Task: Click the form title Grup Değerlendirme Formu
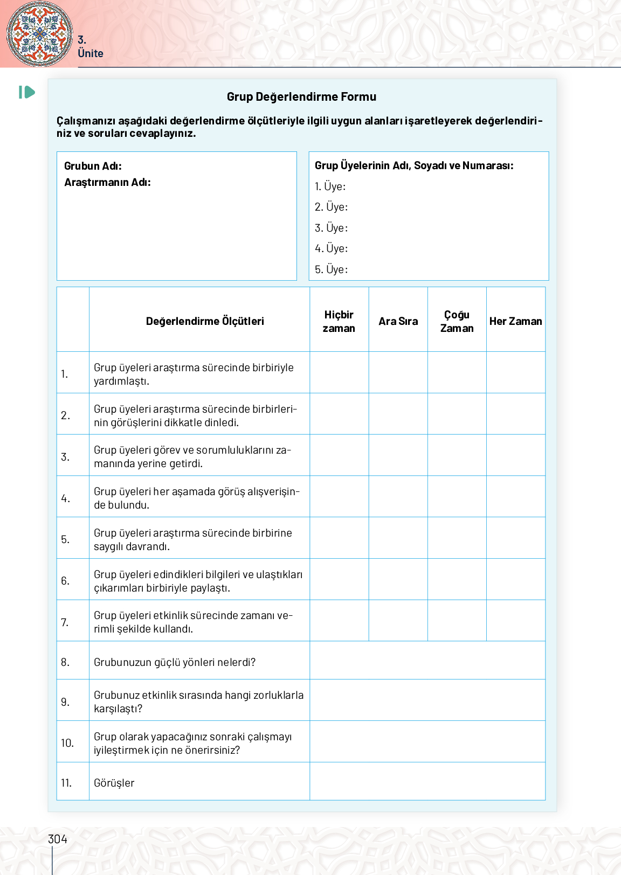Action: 301,97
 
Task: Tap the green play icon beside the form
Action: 27,92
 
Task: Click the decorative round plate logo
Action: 39,33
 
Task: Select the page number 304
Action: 58,839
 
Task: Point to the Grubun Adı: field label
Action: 93,166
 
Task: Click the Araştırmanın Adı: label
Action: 107,182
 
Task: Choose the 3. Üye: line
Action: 331,228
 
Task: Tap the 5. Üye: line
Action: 331,269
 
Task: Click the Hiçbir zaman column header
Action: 339,321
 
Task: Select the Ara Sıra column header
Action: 398,321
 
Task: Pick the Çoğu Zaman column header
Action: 457,321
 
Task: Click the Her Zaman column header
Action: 515,321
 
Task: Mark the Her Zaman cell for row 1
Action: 515,373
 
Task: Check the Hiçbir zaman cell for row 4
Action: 339,497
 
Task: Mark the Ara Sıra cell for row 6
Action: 398,579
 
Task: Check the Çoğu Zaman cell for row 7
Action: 457,621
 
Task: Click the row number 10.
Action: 67,743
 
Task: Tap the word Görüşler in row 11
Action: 114,783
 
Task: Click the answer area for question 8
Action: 427,661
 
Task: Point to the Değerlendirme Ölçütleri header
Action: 205,321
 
